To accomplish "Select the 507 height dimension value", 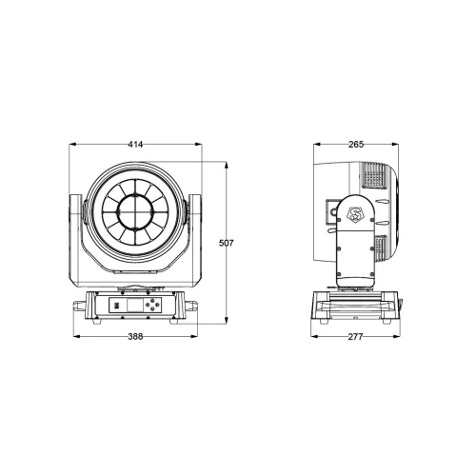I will pos(226,243).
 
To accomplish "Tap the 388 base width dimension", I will pos(135,336).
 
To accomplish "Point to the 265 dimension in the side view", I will pos(357,144).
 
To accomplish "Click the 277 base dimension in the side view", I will pos(357,336).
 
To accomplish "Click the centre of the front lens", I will pos(135,210).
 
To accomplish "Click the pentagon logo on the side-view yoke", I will pos(356,213).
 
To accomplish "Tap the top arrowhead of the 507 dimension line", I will pos(226,163).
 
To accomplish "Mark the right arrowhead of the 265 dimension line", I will pos(397,144).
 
